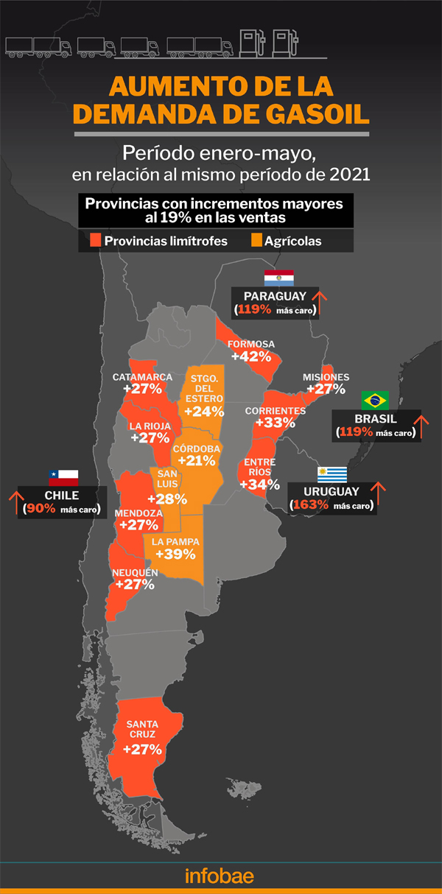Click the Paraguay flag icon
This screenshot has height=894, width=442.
[x=279, y=278]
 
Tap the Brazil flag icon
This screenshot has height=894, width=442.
[x=375, y=400]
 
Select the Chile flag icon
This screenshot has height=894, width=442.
[x=63, y=476]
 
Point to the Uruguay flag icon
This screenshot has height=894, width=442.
[x=331, y=474]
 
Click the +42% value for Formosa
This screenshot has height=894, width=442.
[x=252, y=356]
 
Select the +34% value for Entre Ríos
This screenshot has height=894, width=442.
[x=259, y=485]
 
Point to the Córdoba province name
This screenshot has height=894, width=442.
[x=195, y=448]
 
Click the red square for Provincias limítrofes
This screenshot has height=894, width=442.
[x=95, y=241]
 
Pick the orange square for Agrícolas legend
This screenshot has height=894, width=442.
[x=256, y=241]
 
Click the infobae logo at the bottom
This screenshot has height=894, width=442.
[x=220, y=876]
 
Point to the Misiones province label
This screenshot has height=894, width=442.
[x=326, y=377]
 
